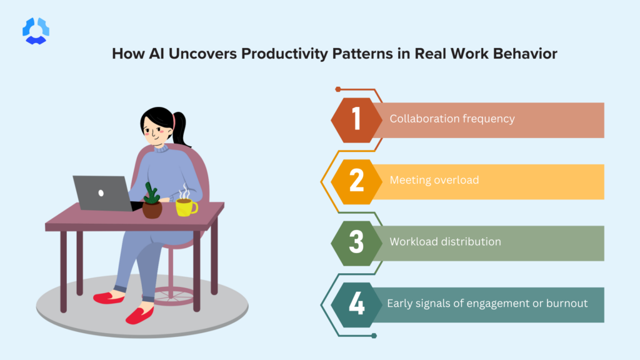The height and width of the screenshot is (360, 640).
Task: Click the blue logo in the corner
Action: pyautogui.click(x=36, y=31)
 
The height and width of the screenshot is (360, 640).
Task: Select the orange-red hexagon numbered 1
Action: pyautogui.click(x=356, y=119)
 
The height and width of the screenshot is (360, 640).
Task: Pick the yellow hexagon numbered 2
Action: pyautogui.click(x=356, y=181)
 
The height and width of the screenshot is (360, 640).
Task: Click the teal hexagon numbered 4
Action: pyautogui.click(x=356, y=304)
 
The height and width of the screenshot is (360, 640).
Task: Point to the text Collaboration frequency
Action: pyautogui.click(x=452, y=119)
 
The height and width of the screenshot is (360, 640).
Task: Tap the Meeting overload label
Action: pyautogui.click(x=434, y=181)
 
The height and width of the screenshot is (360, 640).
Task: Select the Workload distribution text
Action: pyautogui.click(x=445, y=242)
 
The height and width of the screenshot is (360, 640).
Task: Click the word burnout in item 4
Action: pyautogui.click(x=565, y=304)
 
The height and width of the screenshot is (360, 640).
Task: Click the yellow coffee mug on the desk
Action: pyautogui.click(x=186, y=207)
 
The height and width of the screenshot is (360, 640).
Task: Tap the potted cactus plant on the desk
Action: pyautogui.click(x=152, y=201)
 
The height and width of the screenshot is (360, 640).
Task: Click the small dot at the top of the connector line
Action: pyautogui.click(x=338, y=89)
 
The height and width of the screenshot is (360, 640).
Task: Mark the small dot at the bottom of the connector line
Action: pyautogui.click(x=374, y=336)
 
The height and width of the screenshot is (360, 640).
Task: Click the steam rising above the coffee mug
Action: pyautogui.click(x=184, y=191)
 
